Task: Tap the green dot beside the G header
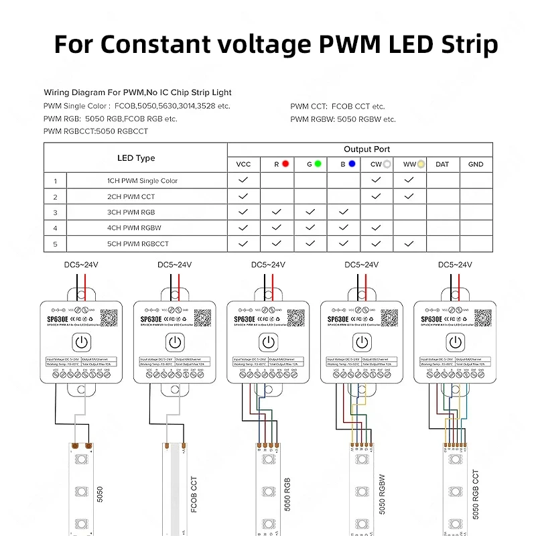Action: point(318,163)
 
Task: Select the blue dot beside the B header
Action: point(351,163)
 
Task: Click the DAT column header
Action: point(442,164)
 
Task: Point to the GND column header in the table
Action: point(476,164)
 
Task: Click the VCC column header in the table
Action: point(243,164)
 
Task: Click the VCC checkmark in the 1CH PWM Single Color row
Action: point(243,180)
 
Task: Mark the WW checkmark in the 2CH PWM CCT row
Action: point(409,196)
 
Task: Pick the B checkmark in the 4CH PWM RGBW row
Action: point(343,228)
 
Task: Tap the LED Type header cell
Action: point(136,158)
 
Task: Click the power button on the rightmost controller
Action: point(456,342)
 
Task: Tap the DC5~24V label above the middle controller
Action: point(268,265)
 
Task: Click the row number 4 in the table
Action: point(55,228)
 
